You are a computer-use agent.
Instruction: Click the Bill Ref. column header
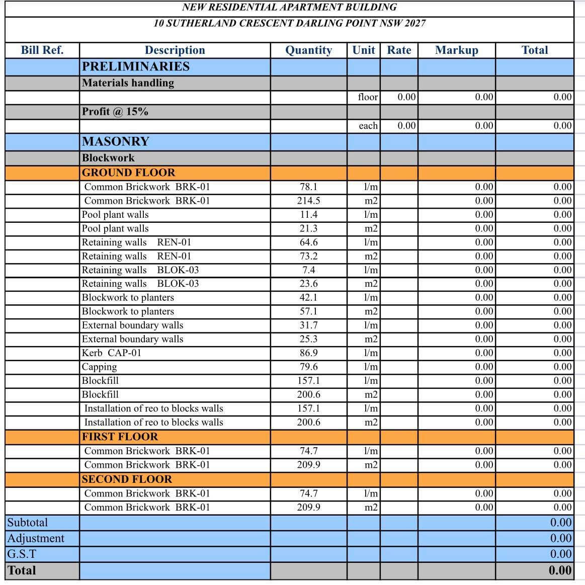[42, 50]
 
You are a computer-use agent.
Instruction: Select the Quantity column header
[308, 50]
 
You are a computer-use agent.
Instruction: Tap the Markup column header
[456, 50]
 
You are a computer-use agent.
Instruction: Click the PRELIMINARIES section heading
[136, 66]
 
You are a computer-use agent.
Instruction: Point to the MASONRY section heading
[116, 141]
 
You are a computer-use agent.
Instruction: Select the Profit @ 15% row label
[115, 112]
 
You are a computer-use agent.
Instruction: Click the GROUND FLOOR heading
[129, 173]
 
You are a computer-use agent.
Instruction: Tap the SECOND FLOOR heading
[127, 479]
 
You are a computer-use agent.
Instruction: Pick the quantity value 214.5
[308, 201]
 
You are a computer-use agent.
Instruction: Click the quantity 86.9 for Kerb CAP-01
[308, 353]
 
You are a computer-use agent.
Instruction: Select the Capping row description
[100, 367]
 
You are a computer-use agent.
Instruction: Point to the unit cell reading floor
[368, 97]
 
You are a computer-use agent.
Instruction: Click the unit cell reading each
[368, 126]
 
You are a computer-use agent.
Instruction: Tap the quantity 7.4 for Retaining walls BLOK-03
[308, 270]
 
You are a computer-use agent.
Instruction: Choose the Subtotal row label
[28, 522]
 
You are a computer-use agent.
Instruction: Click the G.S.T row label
[22, 554]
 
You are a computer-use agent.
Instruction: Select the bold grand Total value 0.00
[560, 570]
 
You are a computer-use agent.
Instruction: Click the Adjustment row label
[36, 538]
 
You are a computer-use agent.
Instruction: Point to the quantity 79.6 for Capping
[308, 367]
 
